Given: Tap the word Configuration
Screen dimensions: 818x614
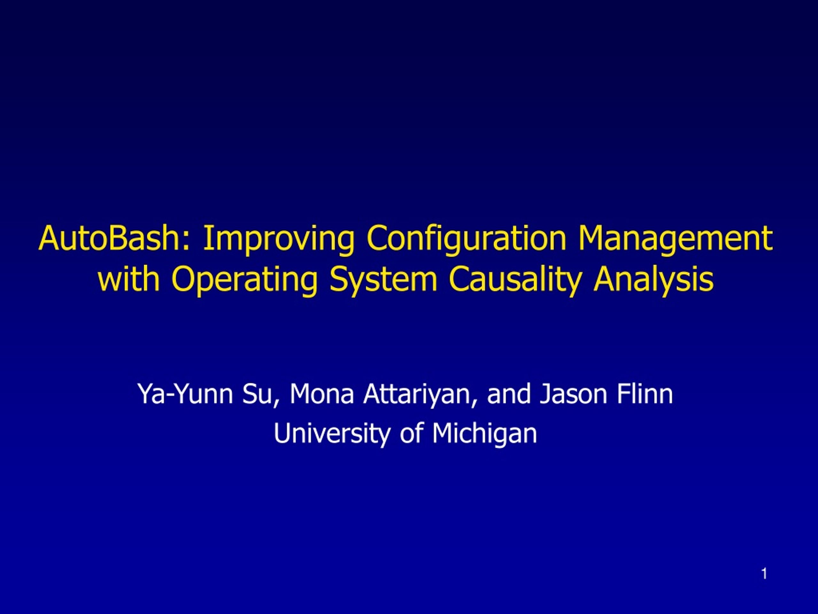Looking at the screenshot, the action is (467, 240).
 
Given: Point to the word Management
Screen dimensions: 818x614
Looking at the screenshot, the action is (675, 240).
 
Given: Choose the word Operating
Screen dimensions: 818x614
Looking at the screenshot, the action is (245, 281).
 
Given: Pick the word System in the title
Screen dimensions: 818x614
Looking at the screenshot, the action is (383, 281).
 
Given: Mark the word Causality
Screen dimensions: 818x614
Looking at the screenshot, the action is (515, 281).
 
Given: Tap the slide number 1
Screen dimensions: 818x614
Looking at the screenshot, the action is (764, 574).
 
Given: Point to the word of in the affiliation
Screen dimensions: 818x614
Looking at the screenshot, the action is (411, 433).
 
